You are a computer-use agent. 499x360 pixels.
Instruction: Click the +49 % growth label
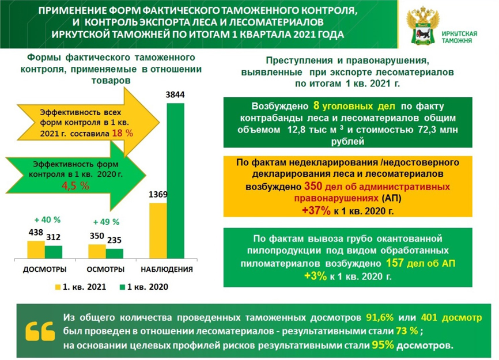point(105,222)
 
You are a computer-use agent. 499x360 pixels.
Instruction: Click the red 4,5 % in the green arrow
point(75,185)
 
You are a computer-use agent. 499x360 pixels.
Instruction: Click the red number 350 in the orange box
point(313,187)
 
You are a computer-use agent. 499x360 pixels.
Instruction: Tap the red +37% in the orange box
point(316,211)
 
